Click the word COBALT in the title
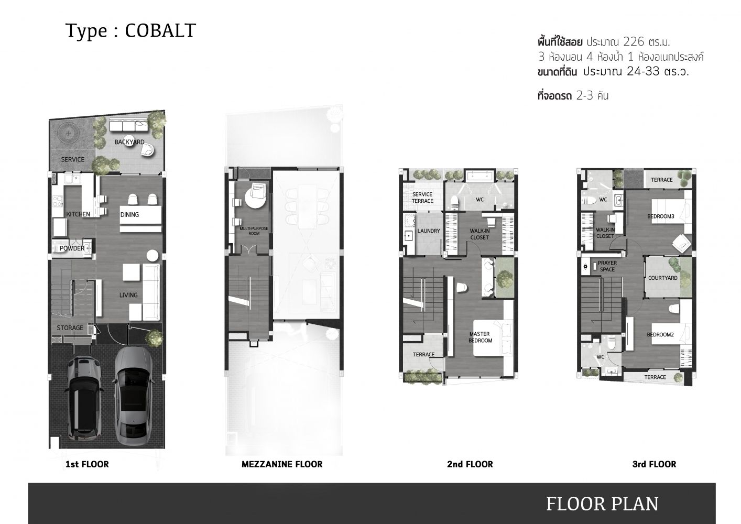[160, 31]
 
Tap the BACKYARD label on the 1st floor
[129, 142]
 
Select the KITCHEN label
[78, 214]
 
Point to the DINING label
[129, 214]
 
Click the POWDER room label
[72, 248]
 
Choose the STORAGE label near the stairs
[70, 327]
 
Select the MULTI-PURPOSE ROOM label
[254, 231]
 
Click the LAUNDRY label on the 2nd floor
[429, 231]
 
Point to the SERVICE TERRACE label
[422, 198]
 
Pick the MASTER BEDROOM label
[480, 337]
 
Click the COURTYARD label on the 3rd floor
[662, 278]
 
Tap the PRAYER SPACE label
[607, 266]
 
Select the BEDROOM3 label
[661, 216]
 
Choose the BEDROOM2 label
[660, 334]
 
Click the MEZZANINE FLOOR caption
[282, 464]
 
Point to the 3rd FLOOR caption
[654, 464]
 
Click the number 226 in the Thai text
[634, 42]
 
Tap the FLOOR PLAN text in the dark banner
[602, 504]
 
